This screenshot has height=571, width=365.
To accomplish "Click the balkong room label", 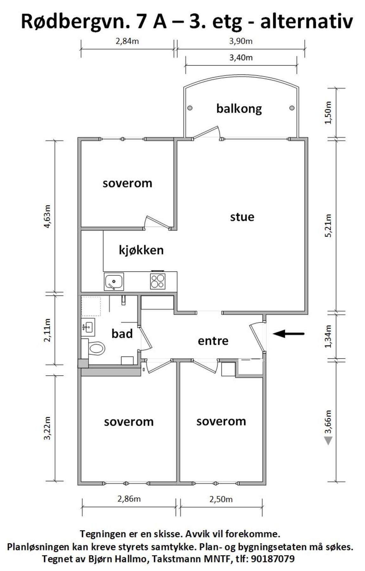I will coord(239,109).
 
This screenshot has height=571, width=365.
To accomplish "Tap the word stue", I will coord(242,217).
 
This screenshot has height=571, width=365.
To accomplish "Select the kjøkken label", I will coord(141,250).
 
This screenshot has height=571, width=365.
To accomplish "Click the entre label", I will coord(213,341).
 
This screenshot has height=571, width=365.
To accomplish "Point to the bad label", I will coord(122,334).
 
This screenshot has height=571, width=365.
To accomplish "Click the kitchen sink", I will coord(114,281).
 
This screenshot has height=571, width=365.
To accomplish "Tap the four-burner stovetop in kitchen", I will coord(158,281).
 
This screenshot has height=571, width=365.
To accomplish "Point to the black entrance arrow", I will coord(289,334).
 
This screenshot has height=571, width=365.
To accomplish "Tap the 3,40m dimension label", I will coord(241,58).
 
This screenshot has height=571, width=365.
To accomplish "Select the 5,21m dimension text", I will coord(328,226).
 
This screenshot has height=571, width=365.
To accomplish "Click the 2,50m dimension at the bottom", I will coord(221,499).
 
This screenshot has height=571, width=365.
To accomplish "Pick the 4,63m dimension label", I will coord(47,216).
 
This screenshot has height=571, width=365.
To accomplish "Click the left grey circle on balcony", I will coord(190,108).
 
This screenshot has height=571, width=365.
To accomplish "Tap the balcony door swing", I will coord(206,133).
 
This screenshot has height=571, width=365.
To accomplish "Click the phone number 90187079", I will coord(273,559).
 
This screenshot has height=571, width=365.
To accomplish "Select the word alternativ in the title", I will coord(306,22).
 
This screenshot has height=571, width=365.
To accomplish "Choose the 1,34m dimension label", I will coord(328,336).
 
